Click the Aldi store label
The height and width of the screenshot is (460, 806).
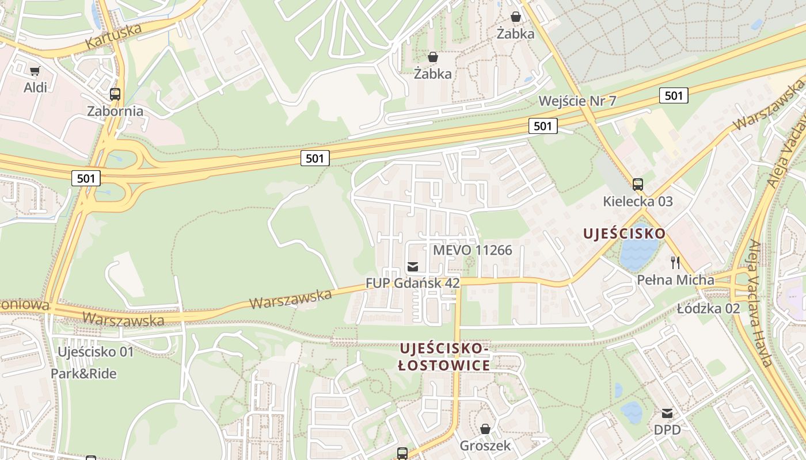pyautogui.click(x=35, y=88)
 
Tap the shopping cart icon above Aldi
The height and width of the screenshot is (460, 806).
pyautogui.click(x=35, y=71)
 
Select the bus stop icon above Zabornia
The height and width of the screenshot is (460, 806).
pyautogui.click(x=115, y=94)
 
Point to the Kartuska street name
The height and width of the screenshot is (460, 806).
pyautogui.click(x=113, y=36)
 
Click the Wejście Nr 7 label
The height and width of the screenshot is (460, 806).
pyautogui.click(x=577, y=101)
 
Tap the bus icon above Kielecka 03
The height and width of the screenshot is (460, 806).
pyautogui.click(x=637, y=185)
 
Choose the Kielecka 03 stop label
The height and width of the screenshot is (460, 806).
pyautogui.click(x=638, y=202)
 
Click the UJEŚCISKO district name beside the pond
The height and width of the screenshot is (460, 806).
pyautogui.click(x=624, y=233)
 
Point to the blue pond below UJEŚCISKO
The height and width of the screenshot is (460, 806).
pyautogui.click(x=638, y=254)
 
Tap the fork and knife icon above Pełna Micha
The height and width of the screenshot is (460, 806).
pyautogui.click(x=675, y=263)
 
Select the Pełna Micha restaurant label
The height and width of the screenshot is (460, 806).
pyautogui.click(x=675, y=280)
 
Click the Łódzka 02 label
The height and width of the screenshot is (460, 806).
pyautogui.click(x=708, y=308)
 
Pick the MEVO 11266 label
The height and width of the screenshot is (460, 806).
pyautogui.click(x=472, y=250)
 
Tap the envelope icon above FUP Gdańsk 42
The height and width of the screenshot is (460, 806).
pyautogui.click(x=413, y=266)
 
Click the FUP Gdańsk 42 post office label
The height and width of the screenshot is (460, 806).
pyautogui.click(x=413, y=283)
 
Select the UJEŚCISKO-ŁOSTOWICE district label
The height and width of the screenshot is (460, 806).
pyautogui.click(x=444, y=357)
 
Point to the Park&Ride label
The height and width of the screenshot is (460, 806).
pyautogui.click(x=83, y=374)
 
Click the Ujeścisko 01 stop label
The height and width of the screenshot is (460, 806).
pyautogui.click(x=96, y=351)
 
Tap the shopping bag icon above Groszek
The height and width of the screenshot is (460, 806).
pyautogui.click(x=485, y=429)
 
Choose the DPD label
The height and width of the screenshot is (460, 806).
pyautogui.click(x=667, y=430)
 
